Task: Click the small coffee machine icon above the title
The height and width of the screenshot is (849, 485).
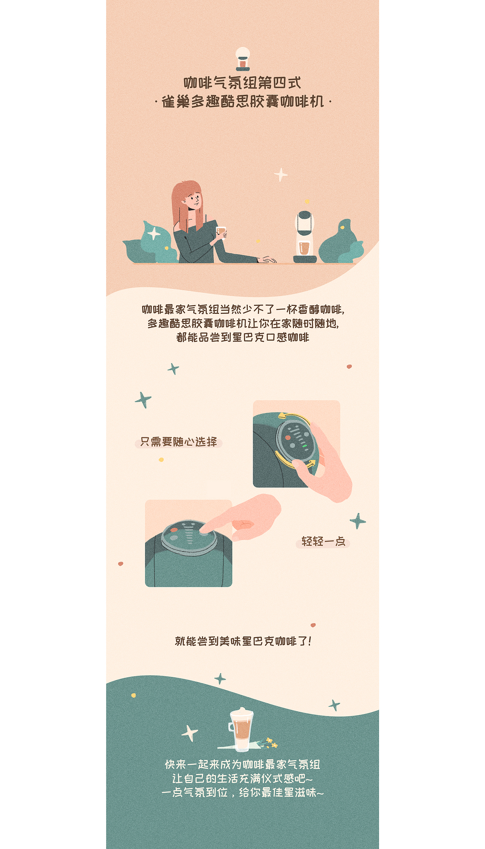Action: (x=242, y=59)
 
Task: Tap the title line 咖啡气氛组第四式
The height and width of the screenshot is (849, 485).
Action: (x=242, y=83)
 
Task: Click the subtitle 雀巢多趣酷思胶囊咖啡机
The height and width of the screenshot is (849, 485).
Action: (x=242, y=102)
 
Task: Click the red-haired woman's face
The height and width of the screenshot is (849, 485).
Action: (x=194, y=199)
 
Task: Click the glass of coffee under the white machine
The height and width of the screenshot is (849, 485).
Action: (x=304, y=248)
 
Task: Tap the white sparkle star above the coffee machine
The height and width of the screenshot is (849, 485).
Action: (x=281, y=175)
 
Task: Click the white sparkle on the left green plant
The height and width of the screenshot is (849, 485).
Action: (x=154, y=233)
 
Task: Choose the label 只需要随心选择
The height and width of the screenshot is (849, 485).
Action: (x=178, y=442)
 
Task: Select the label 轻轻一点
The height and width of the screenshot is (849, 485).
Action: (x=323, y=541)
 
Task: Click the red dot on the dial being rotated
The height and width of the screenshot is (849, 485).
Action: (x=288, y=438)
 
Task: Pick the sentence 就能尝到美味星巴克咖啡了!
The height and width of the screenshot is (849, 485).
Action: (x=242, y=641)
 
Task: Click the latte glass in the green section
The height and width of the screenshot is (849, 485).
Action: (x=242, y=728)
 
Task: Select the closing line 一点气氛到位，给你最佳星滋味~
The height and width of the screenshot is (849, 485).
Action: (x=242, y=793)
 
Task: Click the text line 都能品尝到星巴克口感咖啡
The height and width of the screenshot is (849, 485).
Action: (x=242, y=337)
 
